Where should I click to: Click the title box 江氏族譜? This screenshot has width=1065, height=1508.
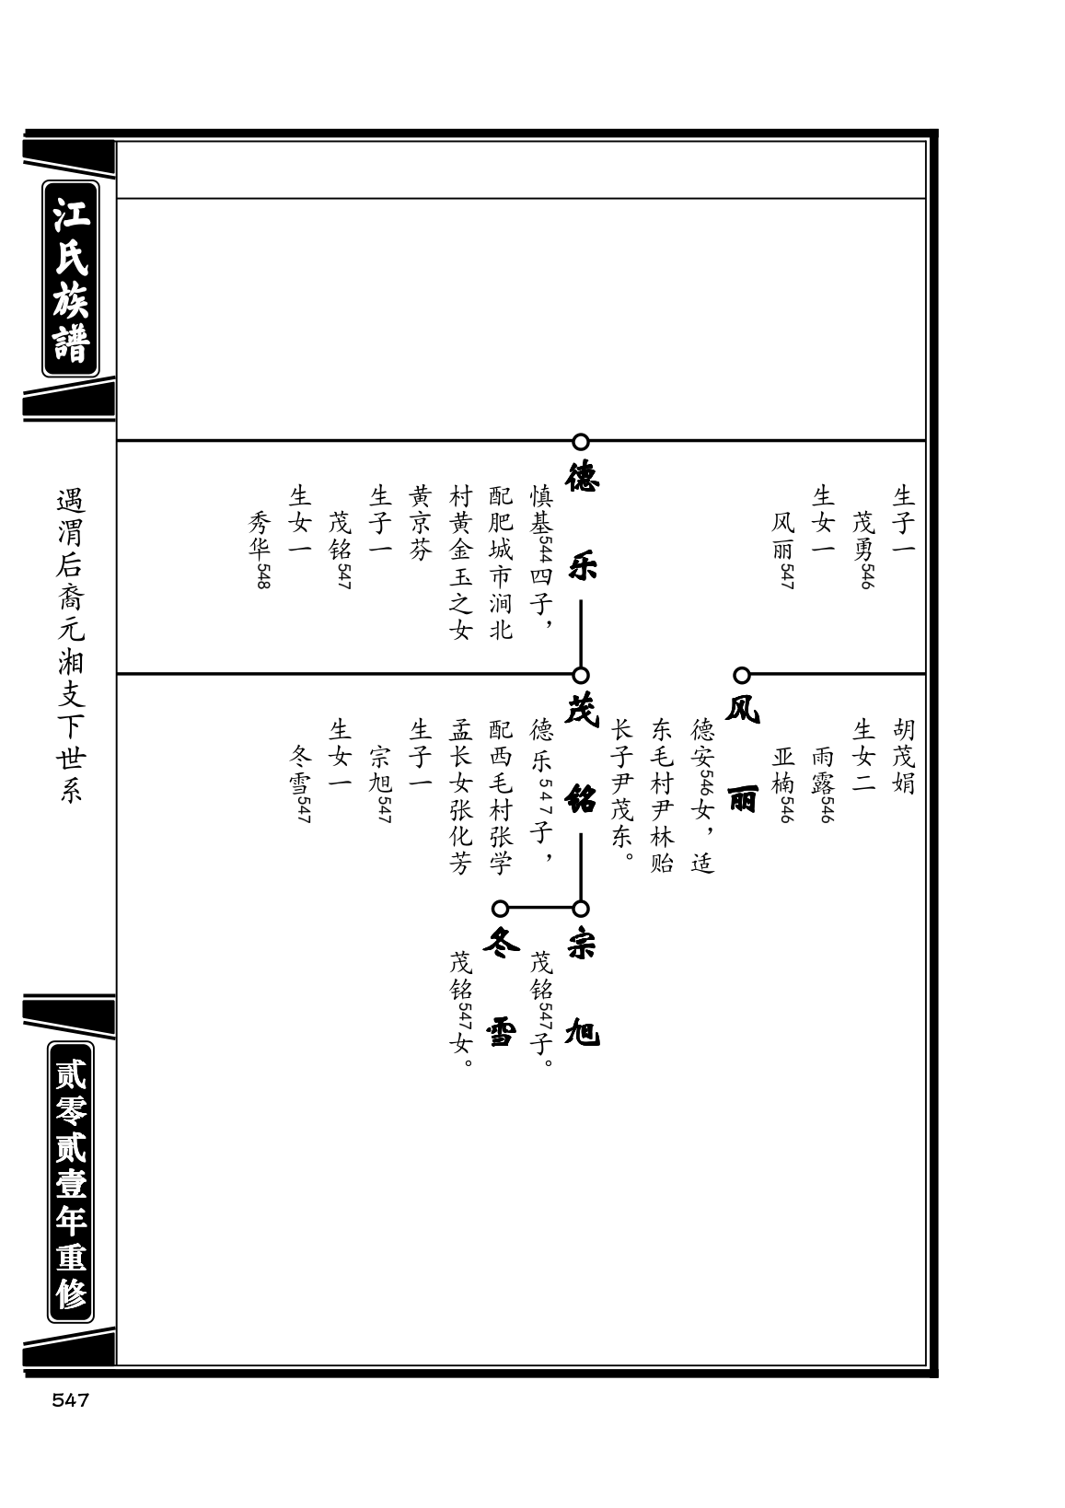(71, 279)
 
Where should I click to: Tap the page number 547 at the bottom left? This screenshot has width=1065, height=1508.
(71, 1400)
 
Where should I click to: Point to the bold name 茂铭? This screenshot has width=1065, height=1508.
(582, 754)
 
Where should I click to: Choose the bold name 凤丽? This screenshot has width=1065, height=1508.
(743, 754)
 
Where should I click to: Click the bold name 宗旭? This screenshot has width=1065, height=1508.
(582, 988)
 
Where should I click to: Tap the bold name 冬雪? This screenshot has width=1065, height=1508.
(501, 988)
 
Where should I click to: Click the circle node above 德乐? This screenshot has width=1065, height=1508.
(581, 442)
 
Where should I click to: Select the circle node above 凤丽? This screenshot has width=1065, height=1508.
(742, 675)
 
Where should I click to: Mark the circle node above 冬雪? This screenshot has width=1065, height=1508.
(500, 909)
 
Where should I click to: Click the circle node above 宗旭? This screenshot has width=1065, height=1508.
(581, 909)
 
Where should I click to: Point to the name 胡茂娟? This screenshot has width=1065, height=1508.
(903, 756)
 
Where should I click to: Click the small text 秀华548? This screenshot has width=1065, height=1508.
(260, 550)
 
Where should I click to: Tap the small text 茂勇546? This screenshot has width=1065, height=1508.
(863, 550)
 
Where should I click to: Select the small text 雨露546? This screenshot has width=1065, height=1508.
(823, 783)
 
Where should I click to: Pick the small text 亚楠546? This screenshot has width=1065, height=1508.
(783, 783)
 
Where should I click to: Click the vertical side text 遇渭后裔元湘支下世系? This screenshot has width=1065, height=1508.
(71, 645)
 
